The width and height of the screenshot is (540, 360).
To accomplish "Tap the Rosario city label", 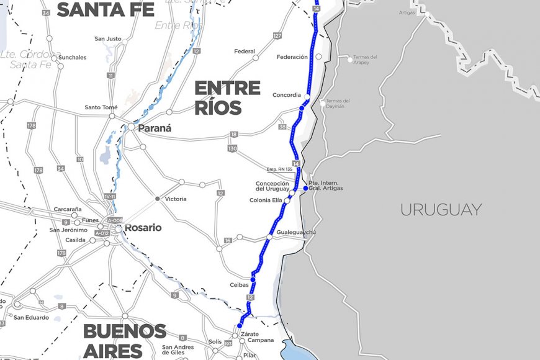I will (x=143, y=228).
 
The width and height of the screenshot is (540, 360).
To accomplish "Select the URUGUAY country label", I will (x=441, y=209).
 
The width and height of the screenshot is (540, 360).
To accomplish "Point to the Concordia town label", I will (x=286, y=95).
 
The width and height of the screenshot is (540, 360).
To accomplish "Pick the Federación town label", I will (x=292, y=57).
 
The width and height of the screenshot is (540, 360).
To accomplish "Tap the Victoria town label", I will (x=176, y=199).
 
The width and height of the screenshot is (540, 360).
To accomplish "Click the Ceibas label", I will (x=239, y=285).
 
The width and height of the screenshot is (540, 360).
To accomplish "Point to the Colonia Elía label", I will (x=266, y=200).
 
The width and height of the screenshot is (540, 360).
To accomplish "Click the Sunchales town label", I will (x=72, y=58).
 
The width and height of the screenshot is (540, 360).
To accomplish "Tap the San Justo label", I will (x=108, y=38).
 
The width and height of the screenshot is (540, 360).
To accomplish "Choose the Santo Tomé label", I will (x=101, y=107).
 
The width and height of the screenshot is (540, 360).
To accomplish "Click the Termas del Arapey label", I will (x=365, y=60).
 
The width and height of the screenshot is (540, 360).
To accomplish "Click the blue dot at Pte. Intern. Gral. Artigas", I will (x=305, y=188).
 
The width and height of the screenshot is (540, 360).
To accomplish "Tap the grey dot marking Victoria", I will (x=158, y=199).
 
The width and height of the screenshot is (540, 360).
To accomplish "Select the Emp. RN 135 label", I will (x=279, y=169).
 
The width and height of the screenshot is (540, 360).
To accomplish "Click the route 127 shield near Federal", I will (x=277, y=36).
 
